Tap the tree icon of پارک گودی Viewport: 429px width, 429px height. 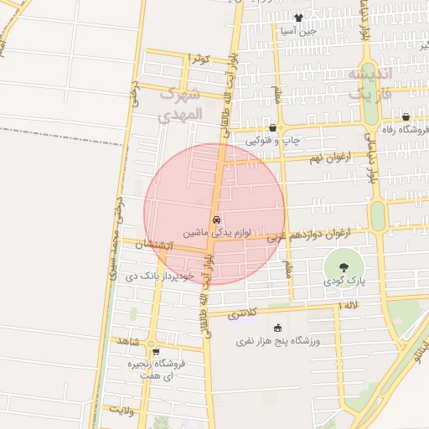(344, 266)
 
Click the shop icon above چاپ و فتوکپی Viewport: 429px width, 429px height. (273, 127)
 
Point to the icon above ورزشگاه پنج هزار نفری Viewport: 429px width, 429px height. (277, 328)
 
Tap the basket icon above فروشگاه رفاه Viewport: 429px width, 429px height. (406, 117)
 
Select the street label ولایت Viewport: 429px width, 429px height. (121, 411)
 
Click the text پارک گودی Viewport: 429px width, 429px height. (344, 282)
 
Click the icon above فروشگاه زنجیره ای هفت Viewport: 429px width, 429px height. (155, 352)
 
